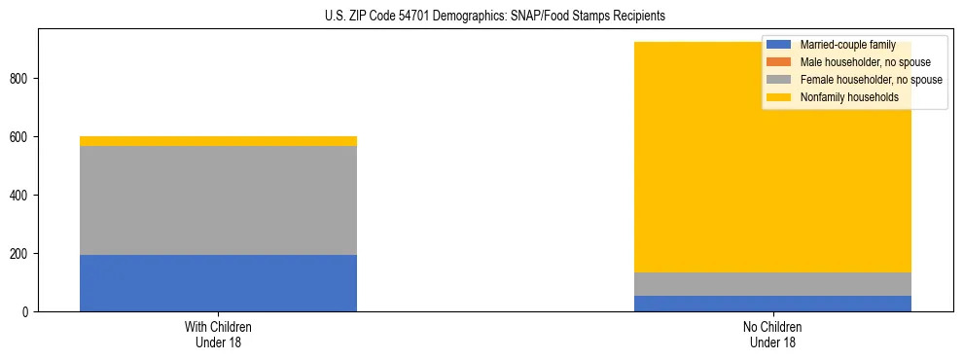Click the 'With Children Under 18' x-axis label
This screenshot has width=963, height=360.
tap(218, 334)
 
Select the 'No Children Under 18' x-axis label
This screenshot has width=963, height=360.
tap(772, 334)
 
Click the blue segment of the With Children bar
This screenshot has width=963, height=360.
tap(218, 283)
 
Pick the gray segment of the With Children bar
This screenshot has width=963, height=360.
tap(218, 200)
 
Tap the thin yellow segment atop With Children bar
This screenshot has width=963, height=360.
tap(218, 141)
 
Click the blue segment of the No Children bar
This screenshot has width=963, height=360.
tap(772, 304)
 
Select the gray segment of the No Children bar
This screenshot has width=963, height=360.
tap(772, 284)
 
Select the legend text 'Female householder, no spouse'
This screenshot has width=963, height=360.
tap(871, 80)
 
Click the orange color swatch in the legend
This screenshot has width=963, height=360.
tap(779, 62)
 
